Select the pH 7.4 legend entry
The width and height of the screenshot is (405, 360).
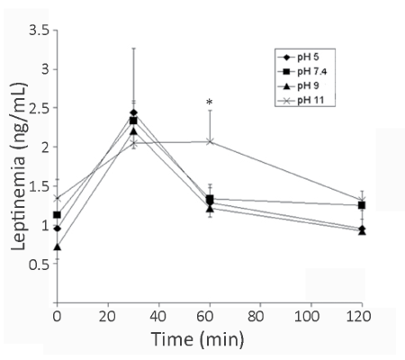point(302,71)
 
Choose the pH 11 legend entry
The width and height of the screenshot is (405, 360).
point(301,101)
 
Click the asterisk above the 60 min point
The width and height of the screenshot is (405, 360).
point(209,103)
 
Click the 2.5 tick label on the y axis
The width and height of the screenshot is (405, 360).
point(40,108)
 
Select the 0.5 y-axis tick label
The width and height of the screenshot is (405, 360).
point(40,264)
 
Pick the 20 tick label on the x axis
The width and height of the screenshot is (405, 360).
point(107,316)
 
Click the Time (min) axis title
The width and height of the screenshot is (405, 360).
point(198,339)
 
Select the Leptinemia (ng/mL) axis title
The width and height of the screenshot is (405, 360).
point(19,166)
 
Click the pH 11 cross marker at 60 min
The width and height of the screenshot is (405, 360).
point(210,141)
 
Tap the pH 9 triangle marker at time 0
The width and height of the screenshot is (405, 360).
point(58,247)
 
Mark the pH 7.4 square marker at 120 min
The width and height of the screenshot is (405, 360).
point(362,205)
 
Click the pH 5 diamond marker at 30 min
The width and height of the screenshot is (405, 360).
point(134,112)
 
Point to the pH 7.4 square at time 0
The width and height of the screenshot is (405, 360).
point(57,215)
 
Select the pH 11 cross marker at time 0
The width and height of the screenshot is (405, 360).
point(58,198)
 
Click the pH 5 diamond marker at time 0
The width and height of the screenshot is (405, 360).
point(58,229)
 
